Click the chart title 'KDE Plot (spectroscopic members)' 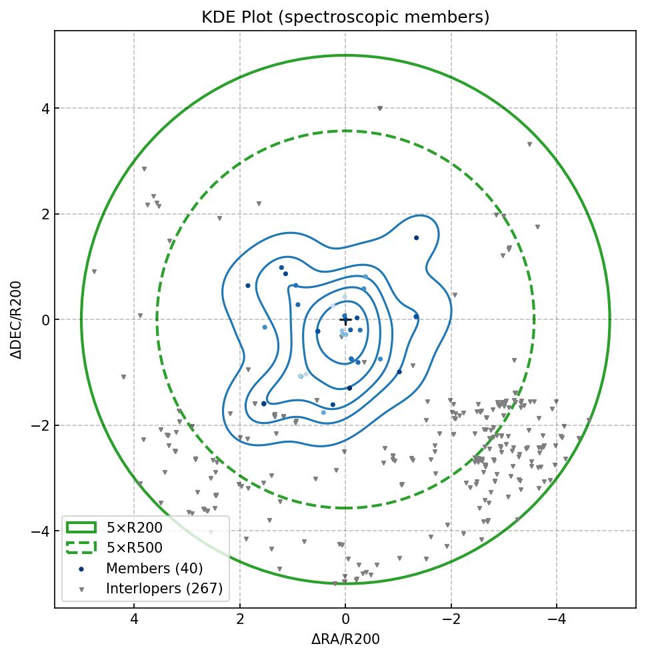point(345,17)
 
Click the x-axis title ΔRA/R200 point(345,639)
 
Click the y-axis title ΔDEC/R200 point(17,320)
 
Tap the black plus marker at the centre point(345,320)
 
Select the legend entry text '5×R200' point(134,528)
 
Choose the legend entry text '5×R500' point(134,548)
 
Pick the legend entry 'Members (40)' point(154,569)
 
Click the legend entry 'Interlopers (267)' point(164,589)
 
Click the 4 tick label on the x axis point(134,620)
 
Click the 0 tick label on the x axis point(345,620)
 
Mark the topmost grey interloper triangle point(380,108)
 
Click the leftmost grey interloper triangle point(94,271)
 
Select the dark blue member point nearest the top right point(416,237)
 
